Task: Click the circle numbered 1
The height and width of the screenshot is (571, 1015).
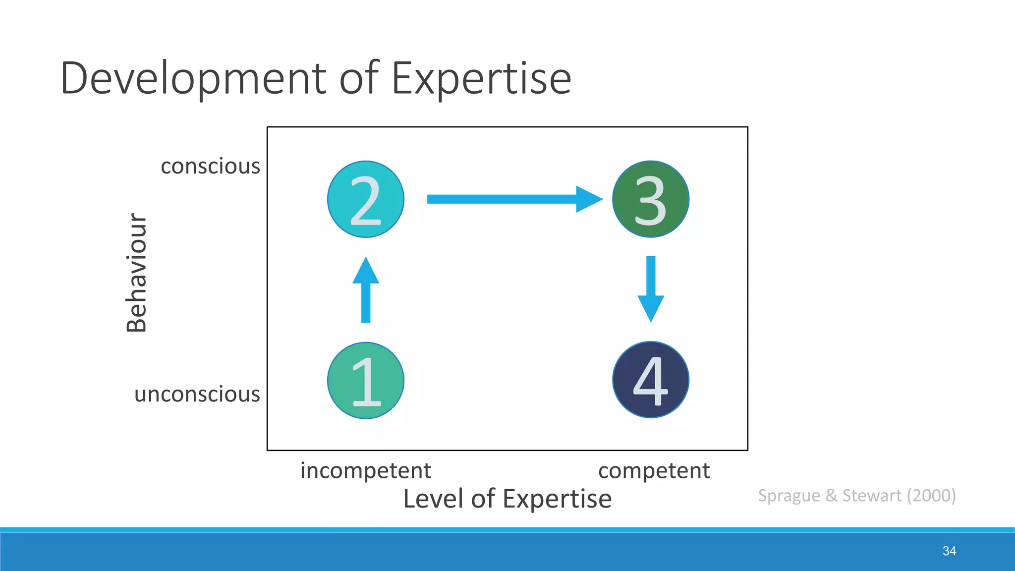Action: [x=366, y=381]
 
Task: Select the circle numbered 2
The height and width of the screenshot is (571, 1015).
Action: [x=366, y=199]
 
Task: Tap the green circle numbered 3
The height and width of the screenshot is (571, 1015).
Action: [x=651, y=199]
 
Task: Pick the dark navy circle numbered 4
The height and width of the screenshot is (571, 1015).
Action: [x=651, y=380]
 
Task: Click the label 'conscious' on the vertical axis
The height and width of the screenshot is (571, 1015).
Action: [x=210, y=166]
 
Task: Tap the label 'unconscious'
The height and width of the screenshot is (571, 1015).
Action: [x=197, y=395]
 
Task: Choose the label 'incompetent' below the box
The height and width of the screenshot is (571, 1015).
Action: [x=366, y=470]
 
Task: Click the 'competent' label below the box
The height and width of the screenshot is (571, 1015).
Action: [x=654, y=470]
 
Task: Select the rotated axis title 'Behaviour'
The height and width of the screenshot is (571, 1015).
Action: [x=137, y=273]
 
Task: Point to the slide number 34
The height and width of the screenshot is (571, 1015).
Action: [x=949, y=551]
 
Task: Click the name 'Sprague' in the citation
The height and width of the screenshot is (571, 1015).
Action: [x=789, y=496]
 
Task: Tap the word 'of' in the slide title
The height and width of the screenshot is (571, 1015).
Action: [x=359, y=78]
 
